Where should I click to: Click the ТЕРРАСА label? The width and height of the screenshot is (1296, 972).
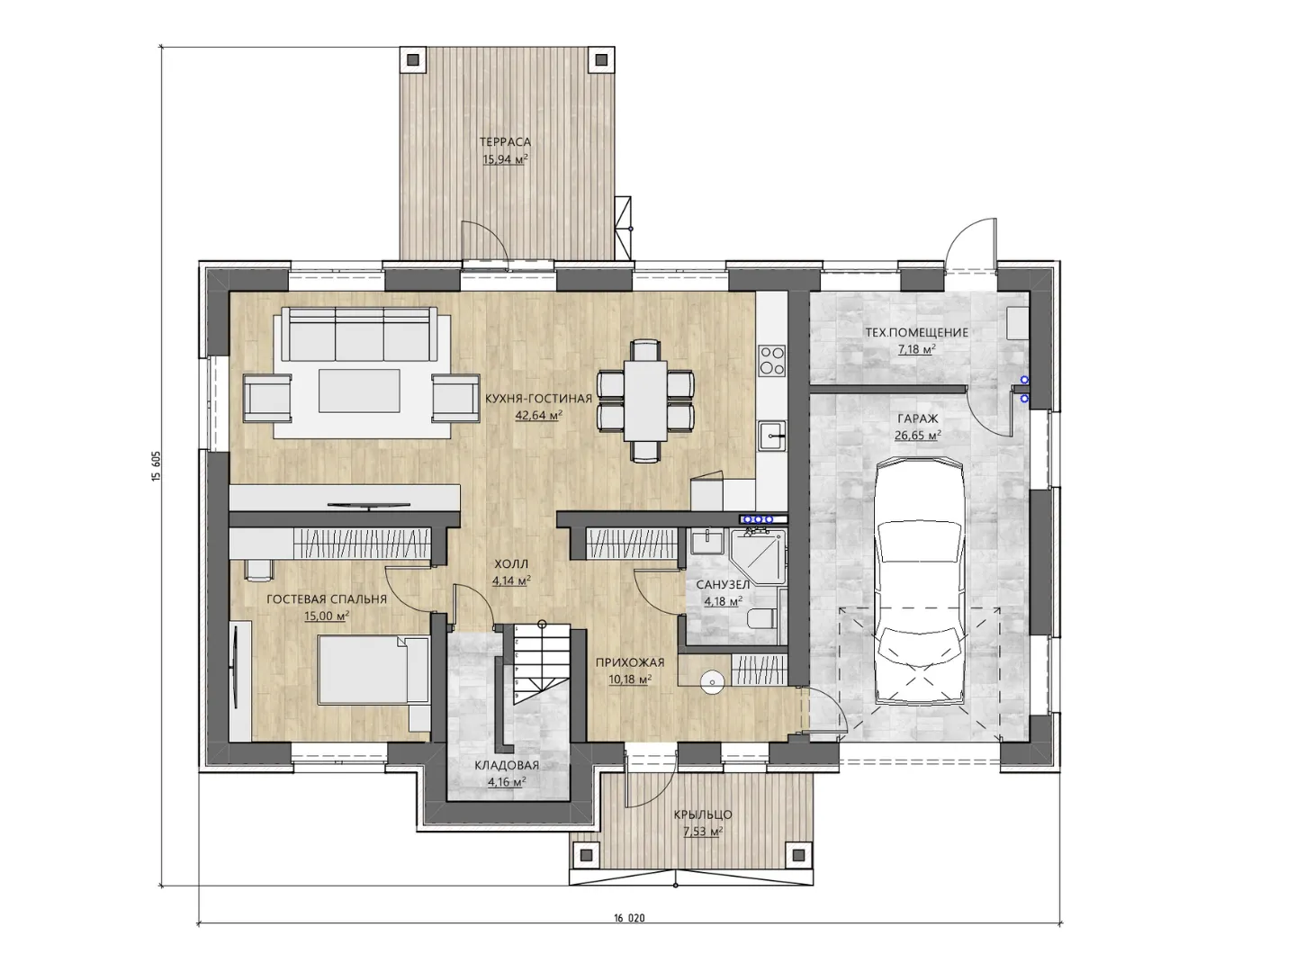pyautogui.click(x=505, y=142)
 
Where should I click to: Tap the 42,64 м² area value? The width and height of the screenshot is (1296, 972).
pyautogui.click(x=538, y=416)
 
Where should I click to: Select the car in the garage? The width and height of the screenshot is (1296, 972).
pyautogui.click(x=919, y=582)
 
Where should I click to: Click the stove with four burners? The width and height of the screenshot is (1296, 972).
pyautogui.click(x=772, y=361)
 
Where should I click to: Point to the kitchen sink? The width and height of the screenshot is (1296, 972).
pyautogui.click(x=772, y=436)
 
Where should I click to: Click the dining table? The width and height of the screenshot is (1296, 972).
pyautogui.click(x=645, y=400)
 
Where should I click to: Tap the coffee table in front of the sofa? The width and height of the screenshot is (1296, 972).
pyautogui.click(x=360, y=391)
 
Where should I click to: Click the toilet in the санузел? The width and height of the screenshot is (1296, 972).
pyautogui.click(x=762, y=619)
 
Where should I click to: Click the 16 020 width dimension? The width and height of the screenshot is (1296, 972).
pyautogui.click(x=629, y=918)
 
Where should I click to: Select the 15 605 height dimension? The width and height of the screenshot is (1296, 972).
pyautogui.click(x=156, y=467)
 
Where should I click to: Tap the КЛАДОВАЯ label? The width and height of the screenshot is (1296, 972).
pyautogui.click(x=507, y=766)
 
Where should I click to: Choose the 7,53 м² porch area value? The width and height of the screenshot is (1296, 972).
pyautogui.click(x=703, y=832)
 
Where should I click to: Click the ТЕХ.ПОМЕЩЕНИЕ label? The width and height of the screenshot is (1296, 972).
pyautogui.click(x=917, y=333)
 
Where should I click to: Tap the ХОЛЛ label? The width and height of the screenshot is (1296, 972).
pyautogui.click(x=511, y=564)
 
